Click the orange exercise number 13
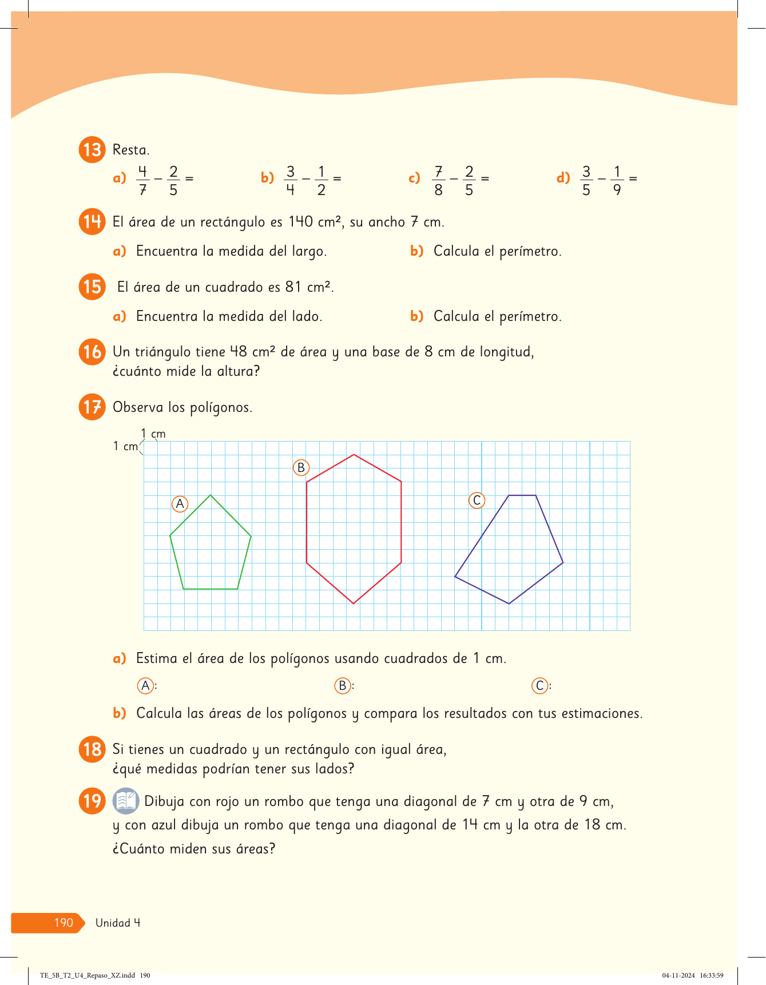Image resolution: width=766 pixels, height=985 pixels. pos(92,150)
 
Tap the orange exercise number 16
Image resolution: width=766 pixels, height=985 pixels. pos(92,352)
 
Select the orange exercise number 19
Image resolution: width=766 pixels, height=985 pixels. pos(92,801)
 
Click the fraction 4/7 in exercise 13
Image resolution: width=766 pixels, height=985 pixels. pos(142,180)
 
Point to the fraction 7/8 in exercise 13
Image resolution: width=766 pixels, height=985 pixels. pos(438,180)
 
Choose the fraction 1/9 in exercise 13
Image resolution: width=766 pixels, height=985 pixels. pos(617,180)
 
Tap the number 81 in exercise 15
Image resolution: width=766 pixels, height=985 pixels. pos(293,287)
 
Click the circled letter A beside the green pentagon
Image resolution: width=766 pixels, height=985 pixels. pos(180,504)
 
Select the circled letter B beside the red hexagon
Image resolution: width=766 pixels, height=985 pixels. pos(301,468)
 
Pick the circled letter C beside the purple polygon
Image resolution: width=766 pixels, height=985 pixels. pos(477,501)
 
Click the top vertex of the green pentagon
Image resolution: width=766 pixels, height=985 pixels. pos(211,495)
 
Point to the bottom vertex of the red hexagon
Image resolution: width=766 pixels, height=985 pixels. pos(354,603)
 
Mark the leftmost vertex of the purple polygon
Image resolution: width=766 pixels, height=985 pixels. pos(455,577)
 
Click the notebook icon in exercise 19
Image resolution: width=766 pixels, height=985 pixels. pos(126,801)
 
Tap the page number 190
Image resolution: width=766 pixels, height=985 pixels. pos(63,923)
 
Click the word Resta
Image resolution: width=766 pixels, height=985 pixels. pos(131,150)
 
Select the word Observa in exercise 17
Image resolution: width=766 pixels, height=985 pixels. pos(138,407)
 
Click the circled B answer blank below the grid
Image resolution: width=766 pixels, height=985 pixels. pos(343,685)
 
